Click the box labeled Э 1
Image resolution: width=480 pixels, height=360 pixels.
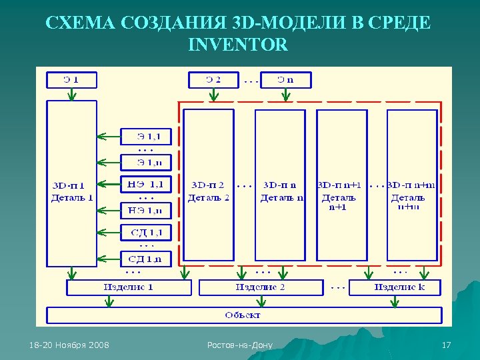tap(71, 80)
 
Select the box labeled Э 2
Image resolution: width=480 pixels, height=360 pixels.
tap(213, 80)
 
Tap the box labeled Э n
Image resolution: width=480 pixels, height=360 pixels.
tap(285, 80)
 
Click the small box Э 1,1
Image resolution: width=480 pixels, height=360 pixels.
tap(145, 137)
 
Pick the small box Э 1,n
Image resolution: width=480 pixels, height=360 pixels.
tap(145, 162)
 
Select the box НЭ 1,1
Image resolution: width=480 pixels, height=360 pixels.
tap(145, 183)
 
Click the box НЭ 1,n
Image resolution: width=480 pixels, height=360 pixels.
tap(145, 211)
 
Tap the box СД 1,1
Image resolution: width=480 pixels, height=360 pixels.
tap(145, 232)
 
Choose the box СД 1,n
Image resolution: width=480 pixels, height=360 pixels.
tap(145, 258)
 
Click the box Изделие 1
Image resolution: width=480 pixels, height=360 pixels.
tap(129, 287)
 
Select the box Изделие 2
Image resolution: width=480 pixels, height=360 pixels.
tap(261, 287)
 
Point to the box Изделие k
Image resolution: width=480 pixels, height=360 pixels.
tap(396, 287)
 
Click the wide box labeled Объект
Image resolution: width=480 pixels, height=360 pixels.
tap(243, 315)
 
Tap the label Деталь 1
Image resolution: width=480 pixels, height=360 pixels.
tap(72, 198)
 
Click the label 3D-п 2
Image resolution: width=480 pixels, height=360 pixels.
tap(207, 185)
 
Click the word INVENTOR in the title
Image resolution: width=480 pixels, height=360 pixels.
tap(239, 45)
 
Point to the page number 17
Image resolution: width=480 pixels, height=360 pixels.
tap(447, 345)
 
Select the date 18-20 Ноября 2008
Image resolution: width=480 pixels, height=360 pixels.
tap(70, 345)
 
